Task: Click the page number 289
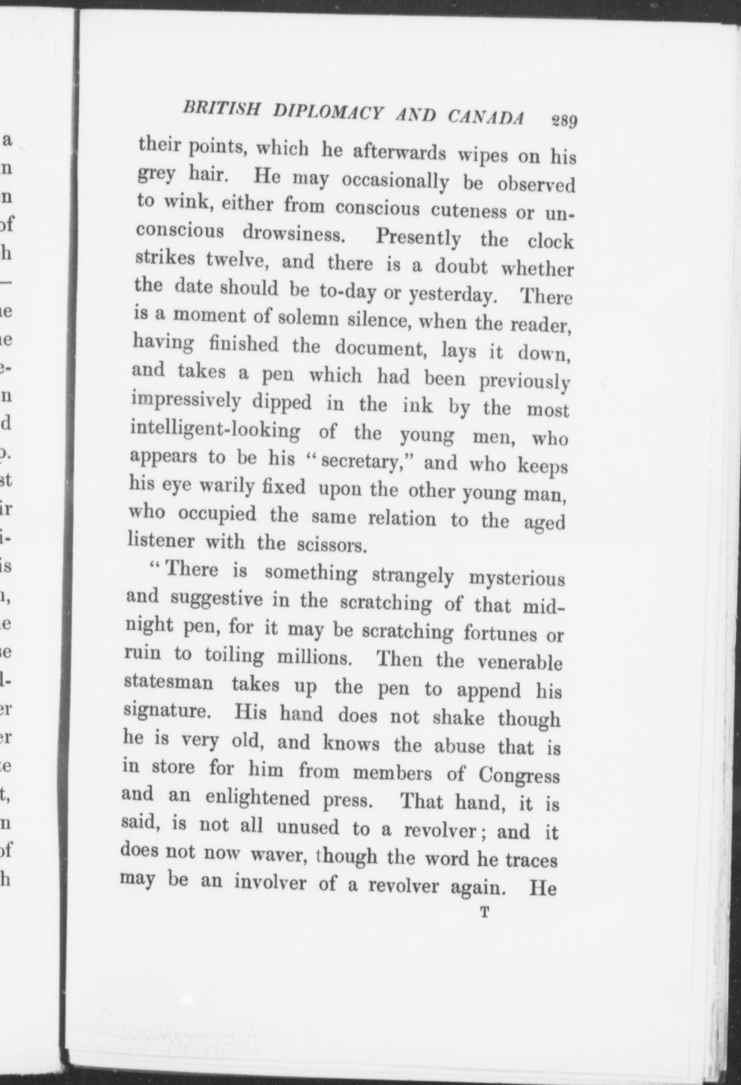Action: coord(563,121)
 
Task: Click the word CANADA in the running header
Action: coord(486,117)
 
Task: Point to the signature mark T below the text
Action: coord(485,912)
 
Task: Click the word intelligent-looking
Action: coord(215,431)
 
